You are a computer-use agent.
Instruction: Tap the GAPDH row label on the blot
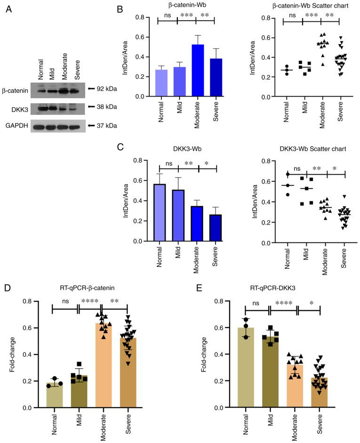(x=16, y=127)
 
